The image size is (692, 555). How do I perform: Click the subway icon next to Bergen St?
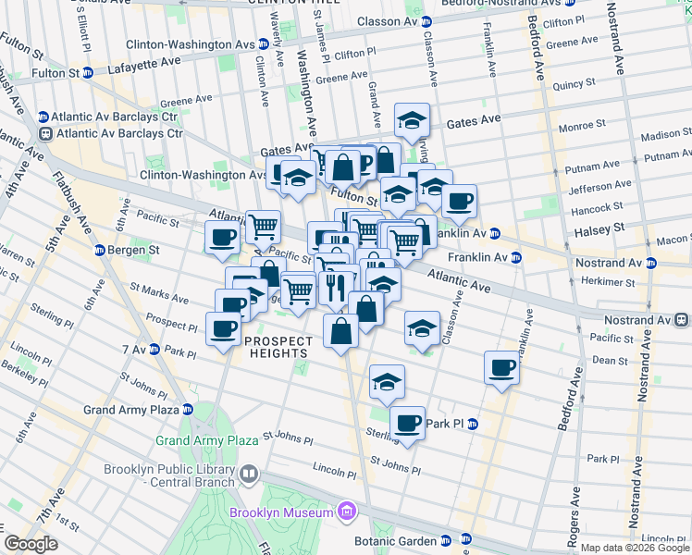99,251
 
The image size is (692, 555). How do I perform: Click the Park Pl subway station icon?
471,425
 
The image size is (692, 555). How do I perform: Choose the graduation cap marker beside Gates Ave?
412,120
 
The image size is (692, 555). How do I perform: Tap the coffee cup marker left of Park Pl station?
407,424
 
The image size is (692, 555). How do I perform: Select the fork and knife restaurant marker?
335,287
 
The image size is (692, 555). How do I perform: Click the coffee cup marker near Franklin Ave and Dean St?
501,367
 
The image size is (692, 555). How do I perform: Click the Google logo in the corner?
31,544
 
